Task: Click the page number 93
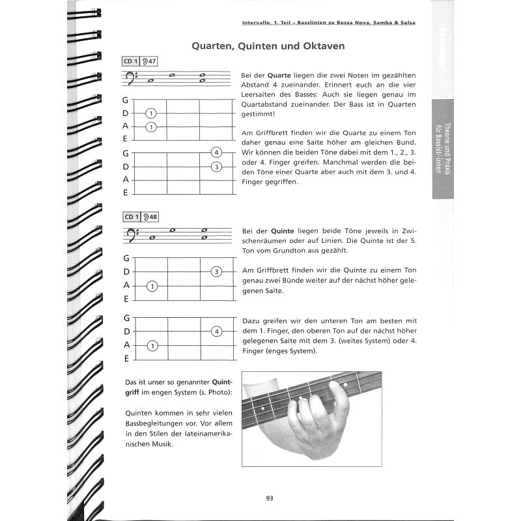(270, 498)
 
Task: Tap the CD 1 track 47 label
(139, 62)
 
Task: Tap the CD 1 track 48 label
(139, 217)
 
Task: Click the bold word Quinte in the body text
(282, 231)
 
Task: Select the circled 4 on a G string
(216, 153)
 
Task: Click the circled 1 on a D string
(151, 113)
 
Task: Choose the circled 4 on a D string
(216, 331)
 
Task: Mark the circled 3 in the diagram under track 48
(216, 272)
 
